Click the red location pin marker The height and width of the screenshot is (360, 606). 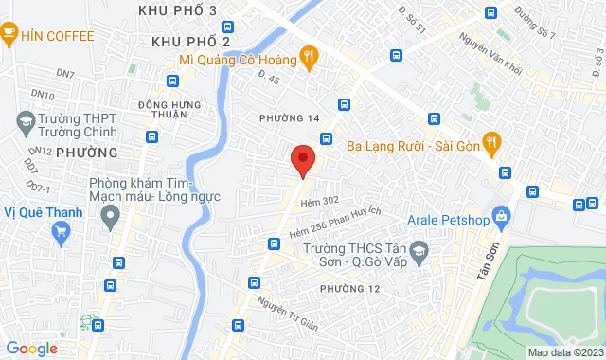point(302,159)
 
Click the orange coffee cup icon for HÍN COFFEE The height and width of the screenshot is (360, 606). point(9,36)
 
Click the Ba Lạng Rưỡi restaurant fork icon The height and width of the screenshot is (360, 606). point(491,145)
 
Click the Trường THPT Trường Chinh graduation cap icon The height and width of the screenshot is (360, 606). point(26,121)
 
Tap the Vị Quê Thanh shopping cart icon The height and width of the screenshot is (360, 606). point(62,230)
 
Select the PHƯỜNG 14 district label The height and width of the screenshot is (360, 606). point(295,117)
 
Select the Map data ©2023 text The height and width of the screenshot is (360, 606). point(563,352)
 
